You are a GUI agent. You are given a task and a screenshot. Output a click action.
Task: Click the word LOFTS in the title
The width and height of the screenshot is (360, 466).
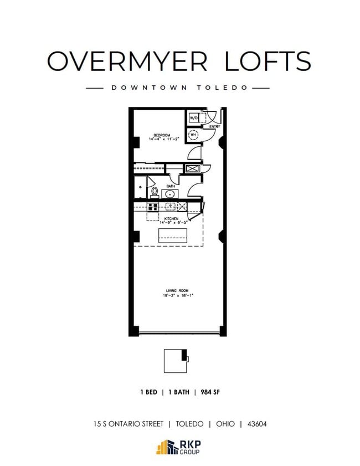(268, 60)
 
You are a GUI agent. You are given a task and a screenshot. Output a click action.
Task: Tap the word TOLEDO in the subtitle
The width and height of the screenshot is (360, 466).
(232, 88)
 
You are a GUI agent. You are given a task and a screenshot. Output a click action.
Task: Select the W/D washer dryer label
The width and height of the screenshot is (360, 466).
(193, 118)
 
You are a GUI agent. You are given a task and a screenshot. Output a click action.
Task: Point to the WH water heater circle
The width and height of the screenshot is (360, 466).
(194, 135)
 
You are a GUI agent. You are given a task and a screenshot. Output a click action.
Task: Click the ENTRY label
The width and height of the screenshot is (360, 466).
(214, 127)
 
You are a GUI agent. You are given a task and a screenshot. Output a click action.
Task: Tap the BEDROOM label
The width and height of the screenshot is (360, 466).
(161, 135)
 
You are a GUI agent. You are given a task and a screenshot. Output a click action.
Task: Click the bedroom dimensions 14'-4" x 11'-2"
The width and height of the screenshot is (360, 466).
(161, 140)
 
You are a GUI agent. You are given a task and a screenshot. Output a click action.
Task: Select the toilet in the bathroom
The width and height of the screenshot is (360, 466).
(155, 192)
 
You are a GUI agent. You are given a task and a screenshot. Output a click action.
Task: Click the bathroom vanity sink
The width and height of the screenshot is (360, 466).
(169, 194)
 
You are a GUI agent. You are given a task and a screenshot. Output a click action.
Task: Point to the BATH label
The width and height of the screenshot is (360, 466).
(171, 186)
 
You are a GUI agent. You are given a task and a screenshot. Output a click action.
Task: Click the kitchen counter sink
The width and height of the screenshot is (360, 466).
(171, 207)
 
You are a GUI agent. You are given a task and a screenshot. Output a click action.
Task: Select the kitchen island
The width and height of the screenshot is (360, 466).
(174, 235)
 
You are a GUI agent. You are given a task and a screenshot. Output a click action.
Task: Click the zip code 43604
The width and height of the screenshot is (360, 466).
(257, 424)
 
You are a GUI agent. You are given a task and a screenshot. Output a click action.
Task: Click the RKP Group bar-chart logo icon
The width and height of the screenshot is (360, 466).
(164, 447)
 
